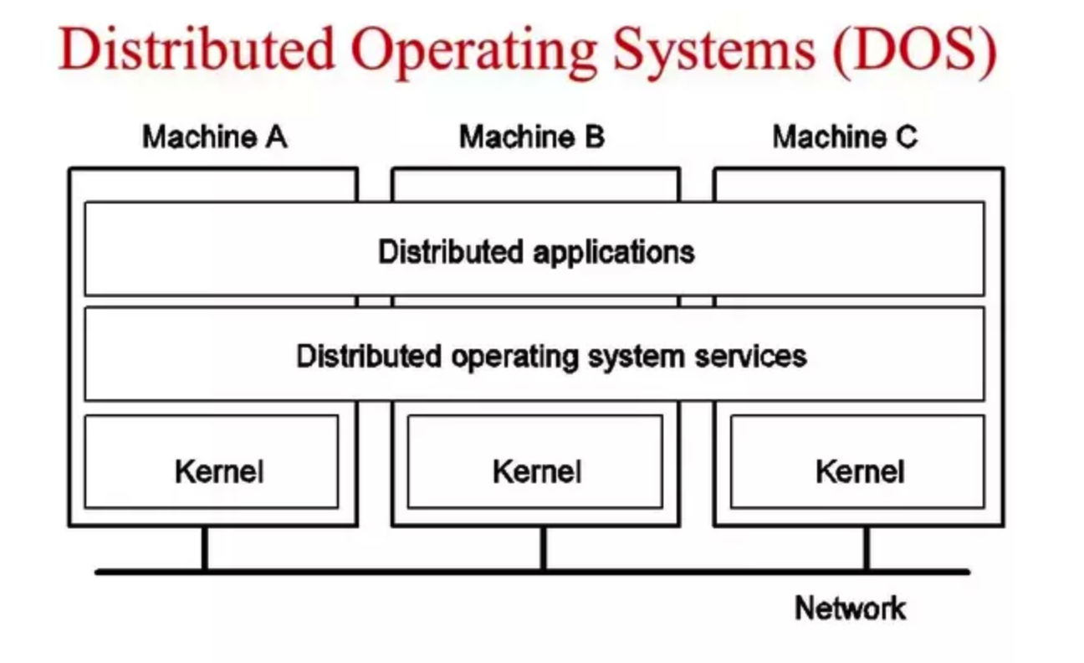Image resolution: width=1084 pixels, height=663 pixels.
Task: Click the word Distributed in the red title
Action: pos(197,49)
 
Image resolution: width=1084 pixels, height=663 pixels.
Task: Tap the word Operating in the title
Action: pos(473,53)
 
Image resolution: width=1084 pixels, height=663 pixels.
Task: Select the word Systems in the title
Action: pos(714,53)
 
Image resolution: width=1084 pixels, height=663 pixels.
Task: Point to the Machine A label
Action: pos(215,137)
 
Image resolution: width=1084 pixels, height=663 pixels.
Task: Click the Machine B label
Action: pos(532,137)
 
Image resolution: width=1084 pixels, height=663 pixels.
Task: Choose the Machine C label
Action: pos(845,137)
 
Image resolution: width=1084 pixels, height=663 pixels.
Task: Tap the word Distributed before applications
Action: pos(451,252)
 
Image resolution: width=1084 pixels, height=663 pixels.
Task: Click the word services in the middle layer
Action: pos(750,357)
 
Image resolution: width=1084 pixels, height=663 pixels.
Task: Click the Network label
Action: pos(851,609)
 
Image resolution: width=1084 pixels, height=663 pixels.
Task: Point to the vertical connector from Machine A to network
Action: pos(205,547)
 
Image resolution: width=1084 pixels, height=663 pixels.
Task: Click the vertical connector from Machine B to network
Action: pos(544,547)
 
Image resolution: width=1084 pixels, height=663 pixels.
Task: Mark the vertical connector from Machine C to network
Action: pos(867,547)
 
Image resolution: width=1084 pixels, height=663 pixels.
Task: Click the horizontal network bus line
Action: pos(532,572)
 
